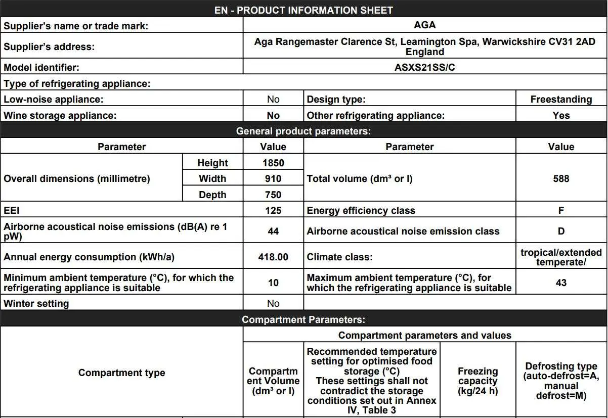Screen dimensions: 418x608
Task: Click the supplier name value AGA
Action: pos(424,25)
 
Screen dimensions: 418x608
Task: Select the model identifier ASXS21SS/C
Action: pos(424,67)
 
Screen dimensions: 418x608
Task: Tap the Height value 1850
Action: pos(273,163)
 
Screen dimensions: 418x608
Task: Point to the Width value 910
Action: pos(273,178)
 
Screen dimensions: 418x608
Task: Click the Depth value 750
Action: pos(273,195)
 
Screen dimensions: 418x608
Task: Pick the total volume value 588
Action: pos(561,178)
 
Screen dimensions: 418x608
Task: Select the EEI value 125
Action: pos(273,210)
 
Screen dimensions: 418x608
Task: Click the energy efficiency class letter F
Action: pos(561,210)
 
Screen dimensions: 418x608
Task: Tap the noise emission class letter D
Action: pos(561,231)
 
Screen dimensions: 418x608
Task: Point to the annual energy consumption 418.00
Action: pos(273,257)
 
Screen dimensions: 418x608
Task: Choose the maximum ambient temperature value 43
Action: pos(561,283)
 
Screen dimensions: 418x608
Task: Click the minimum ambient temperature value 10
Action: pos(273,283)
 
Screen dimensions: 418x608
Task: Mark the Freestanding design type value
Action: pos(561,100)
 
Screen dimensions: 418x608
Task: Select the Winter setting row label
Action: pos(36,304)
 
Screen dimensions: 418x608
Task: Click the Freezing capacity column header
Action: pos(477,381)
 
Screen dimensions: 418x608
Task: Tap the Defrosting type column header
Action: pos(561,381)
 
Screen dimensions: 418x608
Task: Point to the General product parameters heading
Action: pos(303,131)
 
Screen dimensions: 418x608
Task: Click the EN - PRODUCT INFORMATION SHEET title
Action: pos(303,10)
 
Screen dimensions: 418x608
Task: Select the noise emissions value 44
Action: pos(273,231)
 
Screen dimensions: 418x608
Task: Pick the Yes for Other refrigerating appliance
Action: pos(561,116)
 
